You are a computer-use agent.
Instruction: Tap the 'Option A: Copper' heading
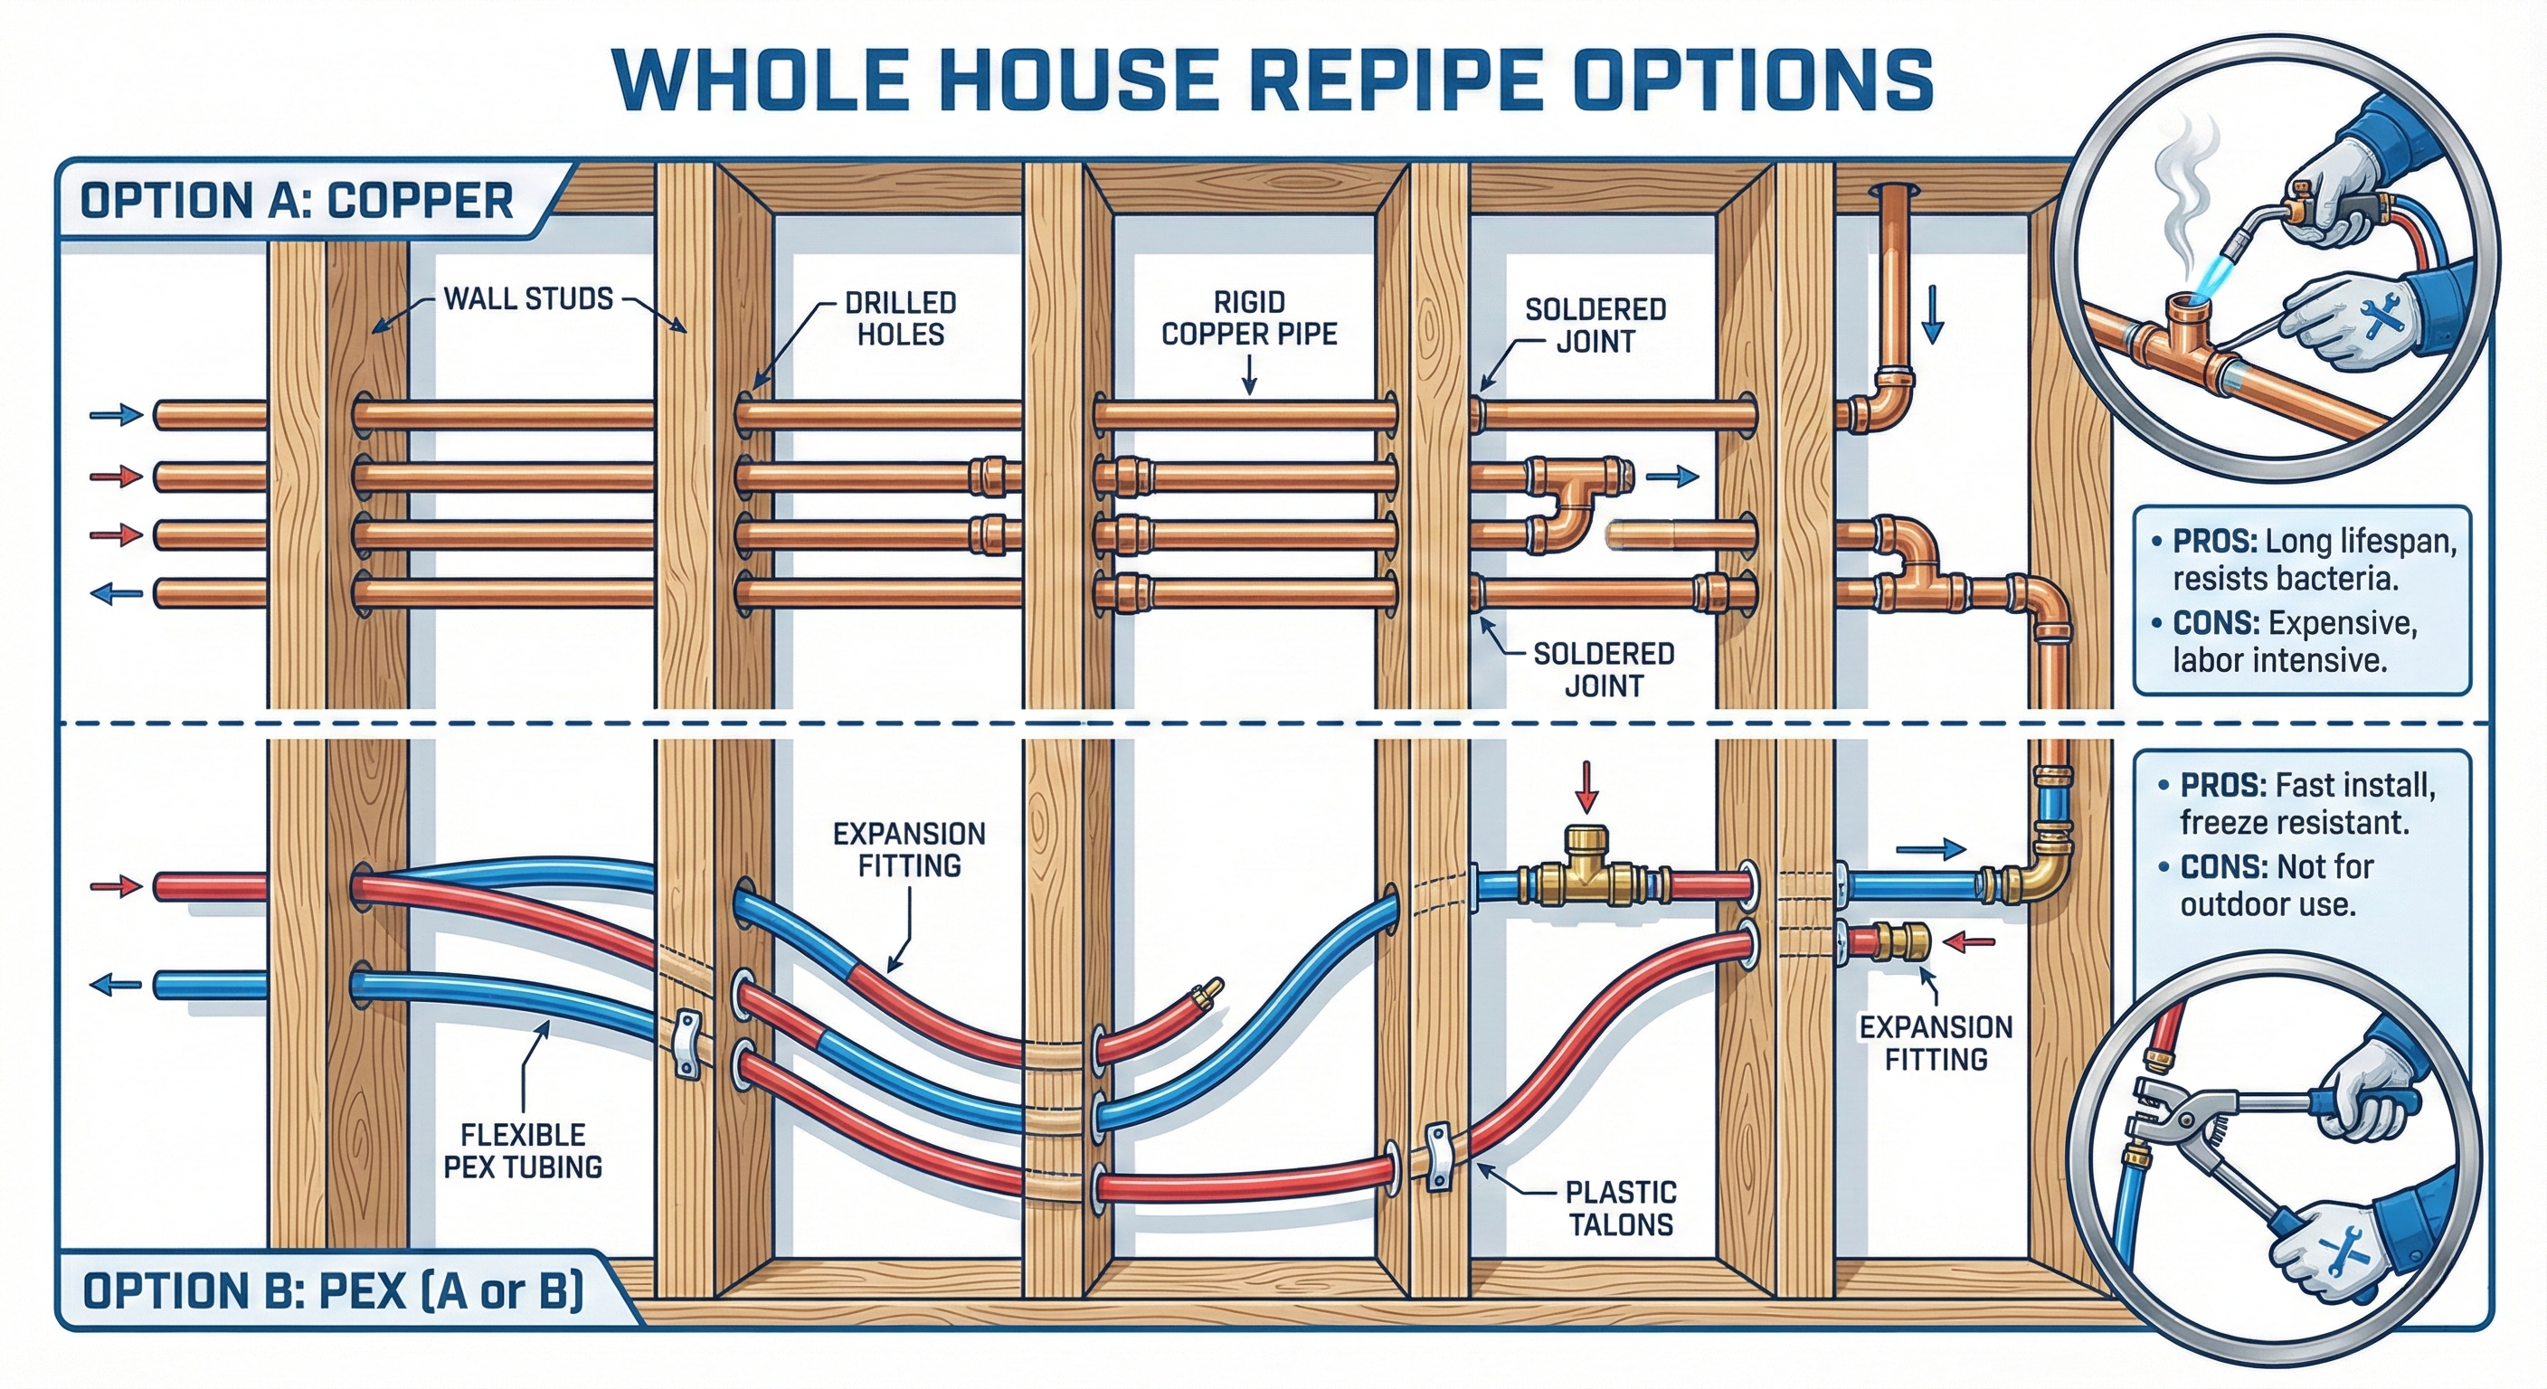point(297,201)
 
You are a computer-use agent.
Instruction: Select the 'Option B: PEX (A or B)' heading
point(333,1290)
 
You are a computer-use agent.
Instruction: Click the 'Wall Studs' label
point(528,298)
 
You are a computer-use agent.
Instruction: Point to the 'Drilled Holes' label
point(900,318)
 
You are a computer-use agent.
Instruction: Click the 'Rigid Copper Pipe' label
point(1249,318)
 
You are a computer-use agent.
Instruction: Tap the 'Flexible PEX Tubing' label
point(522,1151)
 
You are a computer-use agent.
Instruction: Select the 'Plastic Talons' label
point(1621,1208)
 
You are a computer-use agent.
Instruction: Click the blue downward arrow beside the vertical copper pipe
point(1932,317)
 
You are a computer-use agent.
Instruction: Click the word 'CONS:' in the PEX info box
point(2222,867)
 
